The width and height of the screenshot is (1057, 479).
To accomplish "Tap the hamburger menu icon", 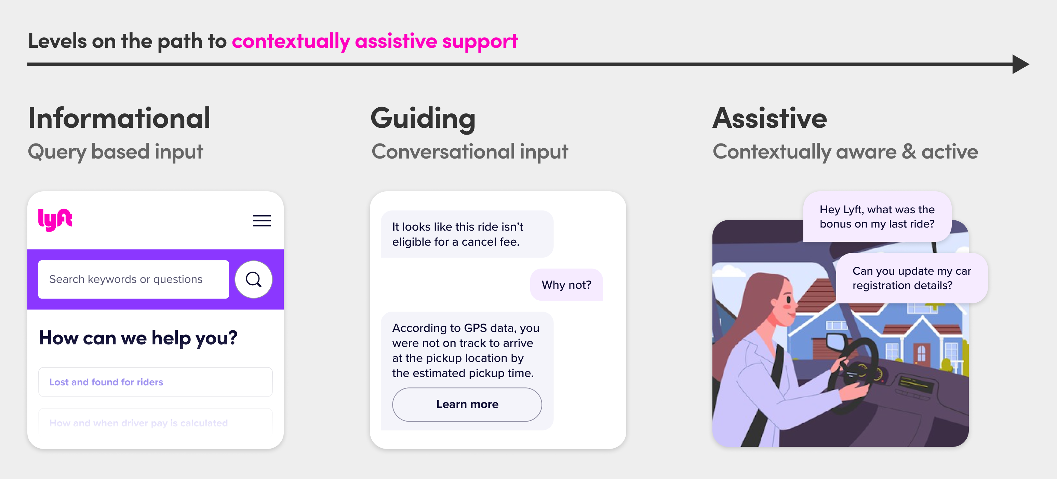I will pos(262,221).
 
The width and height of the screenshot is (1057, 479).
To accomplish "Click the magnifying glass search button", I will pos(253,279).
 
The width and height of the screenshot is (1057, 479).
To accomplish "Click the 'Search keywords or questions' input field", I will pos(133,279).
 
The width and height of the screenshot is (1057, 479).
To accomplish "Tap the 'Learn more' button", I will pos(467,405).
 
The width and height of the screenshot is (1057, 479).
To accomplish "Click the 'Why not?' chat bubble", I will pos(566,285).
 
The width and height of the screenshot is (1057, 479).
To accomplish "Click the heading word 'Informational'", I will pos(119,118).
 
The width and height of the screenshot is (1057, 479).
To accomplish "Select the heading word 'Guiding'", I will pos(423,118).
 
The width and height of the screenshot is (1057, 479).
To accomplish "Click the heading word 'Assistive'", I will pos(770,118).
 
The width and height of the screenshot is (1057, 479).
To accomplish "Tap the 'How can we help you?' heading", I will pos(138,338).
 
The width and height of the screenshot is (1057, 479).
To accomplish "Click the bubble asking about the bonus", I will pos(877,217).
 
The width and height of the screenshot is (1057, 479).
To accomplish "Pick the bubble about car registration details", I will pos(911,278).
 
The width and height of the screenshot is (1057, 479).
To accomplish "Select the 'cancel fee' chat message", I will pos(467,234).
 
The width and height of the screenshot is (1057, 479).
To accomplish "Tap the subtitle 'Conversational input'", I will pos(469,151).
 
